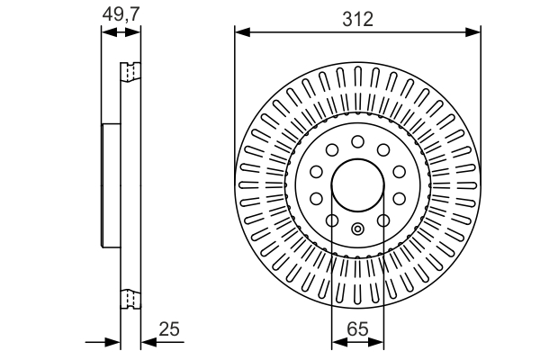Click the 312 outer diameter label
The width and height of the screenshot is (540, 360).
tap(357, 19)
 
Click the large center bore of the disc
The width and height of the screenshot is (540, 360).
tap(357, 187)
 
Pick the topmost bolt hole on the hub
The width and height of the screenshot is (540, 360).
tap(357, 141)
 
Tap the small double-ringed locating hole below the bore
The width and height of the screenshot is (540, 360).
tap(357, 228)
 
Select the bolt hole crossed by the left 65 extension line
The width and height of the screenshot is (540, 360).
tap(331, 221)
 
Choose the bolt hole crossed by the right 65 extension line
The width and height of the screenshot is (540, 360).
tap(383, 221)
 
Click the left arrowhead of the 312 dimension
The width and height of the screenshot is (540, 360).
tap(240, 33)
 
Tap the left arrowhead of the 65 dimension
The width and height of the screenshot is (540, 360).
tap(337, 343)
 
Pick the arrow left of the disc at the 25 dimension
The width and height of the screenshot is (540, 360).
tap(114, 343)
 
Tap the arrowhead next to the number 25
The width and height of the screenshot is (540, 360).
tap(147, 343)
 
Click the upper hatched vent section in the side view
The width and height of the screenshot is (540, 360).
tap(130, 70)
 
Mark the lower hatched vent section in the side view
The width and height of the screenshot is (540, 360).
tap(130, 300)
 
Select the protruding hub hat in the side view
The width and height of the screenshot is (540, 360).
tap(111, 185)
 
